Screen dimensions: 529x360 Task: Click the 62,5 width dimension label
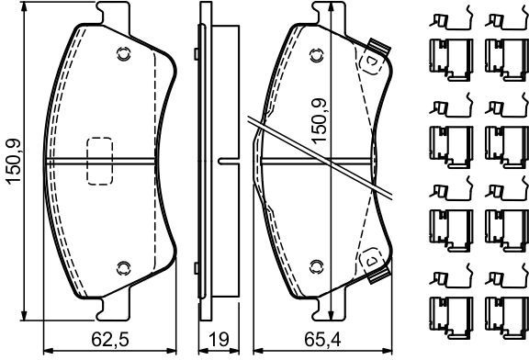[110, 340]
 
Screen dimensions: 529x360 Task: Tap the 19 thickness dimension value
[219, 340]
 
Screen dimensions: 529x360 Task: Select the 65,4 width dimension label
[322, 340]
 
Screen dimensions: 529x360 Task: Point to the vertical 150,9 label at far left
[14, 162]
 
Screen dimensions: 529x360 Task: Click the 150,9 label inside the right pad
[319, 121]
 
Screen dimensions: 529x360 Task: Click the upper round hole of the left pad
[123, 53]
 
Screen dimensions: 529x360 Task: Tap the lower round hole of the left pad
[123, 268]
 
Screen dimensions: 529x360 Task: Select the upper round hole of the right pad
[317, 55]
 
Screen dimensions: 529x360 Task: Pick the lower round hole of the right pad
[317, 267]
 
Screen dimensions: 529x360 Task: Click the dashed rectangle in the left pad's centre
[100, 161]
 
